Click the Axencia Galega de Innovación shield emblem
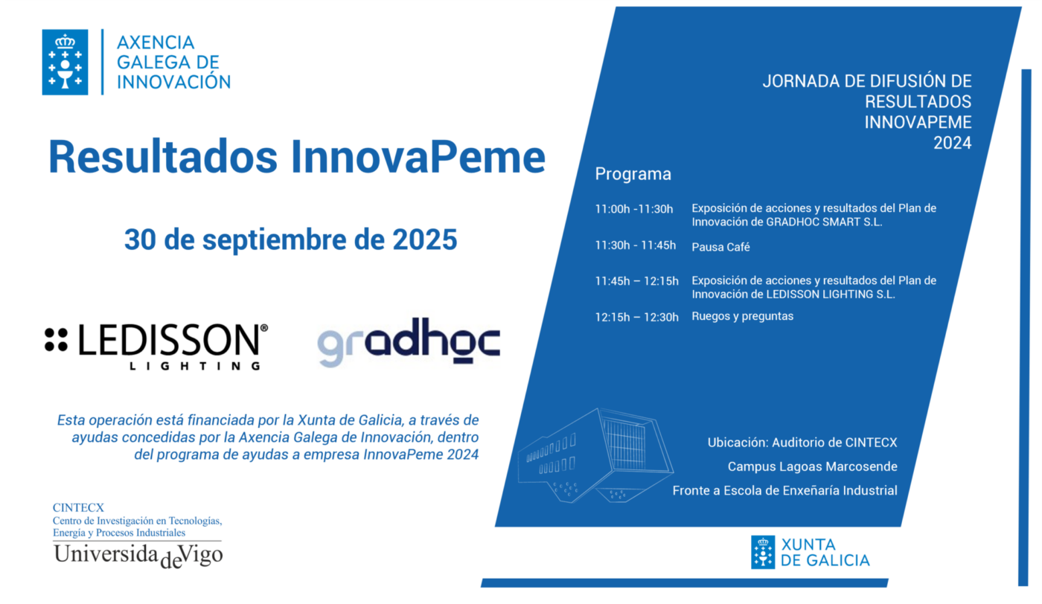click(65, 62)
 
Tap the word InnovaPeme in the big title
click(418, 157)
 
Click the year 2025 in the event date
click(425, 240)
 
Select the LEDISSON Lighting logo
click(156, 347)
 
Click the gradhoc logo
click(409, 342)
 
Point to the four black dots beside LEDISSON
click(57, 339)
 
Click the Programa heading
click(633, 174)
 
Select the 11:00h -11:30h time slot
click(634, 209)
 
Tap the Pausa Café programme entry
click(720, 247)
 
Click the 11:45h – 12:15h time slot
click(637, 281)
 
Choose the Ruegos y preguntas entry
click(743, 316)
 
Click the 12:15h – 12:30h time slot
click(637, 317)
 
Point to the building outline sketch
click(596, 456)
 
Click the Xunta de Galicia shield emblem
click(763, 553)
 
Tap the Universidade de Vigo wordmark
click(138, 556)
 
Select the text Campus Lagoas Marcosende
click(812, 466)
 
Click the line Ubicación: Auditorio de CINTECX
click(802, 442)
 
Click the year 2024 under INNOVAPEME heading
click(952, 144)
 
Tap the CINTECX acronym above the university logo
click(78, 507)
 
